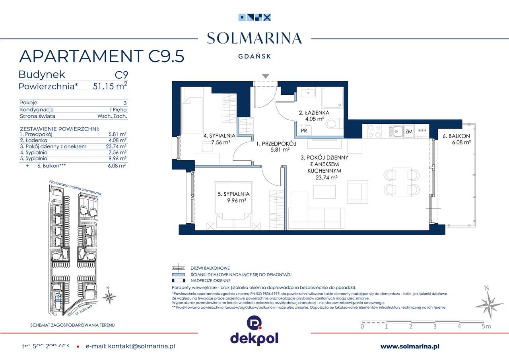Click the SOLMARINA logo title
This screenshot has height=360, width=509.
(254, 38)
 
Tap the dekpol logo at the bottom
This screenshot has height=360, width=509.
(254, 330)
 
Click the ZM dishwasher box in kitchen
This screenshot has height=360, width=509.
(408, 131)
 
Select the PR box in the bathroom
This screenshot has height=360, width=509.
(303, 130)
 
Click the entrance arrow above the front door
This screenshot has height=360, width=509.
(266, 76)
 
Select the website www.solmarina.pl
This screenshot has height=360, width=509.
(410, 346)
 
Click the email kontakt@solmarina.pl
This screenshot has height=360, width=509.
(130, 346)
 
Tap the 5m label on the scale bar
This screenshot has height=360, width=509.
(486, 327)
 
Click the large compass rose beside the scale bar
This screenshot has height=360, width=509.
(489, 302)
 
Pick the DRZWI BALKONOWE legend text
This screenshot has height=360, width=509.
(210, 269)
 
